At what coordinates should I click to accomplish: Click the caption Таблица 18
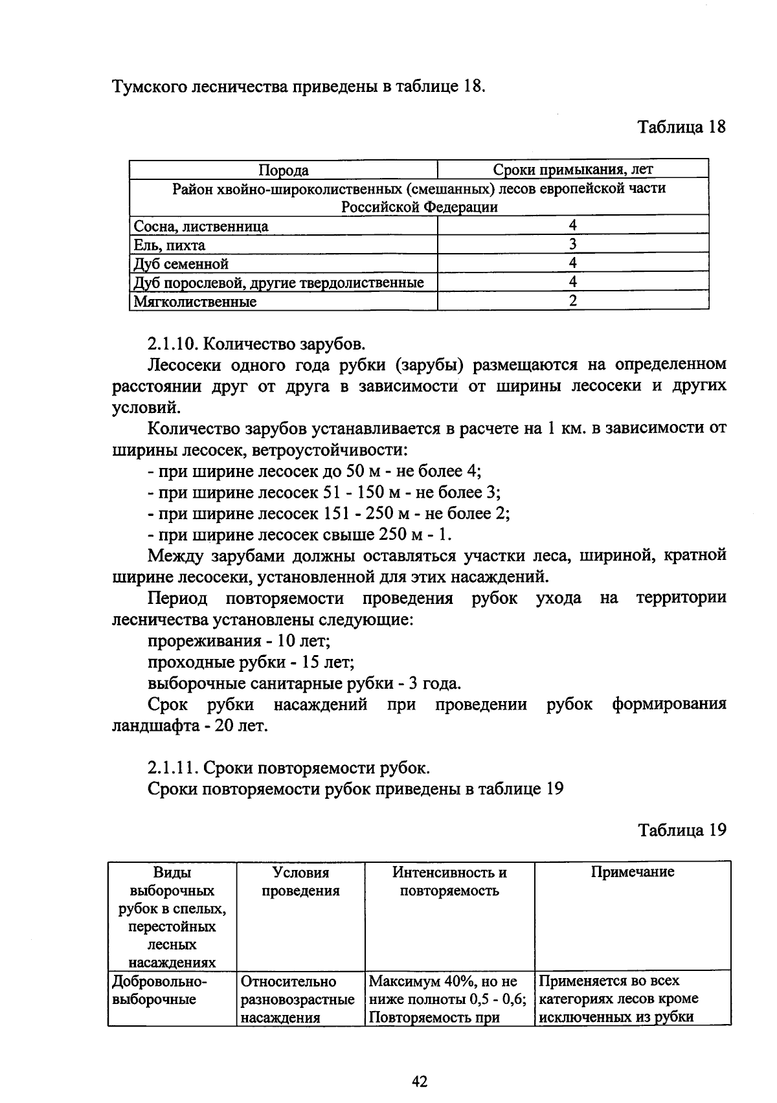682,127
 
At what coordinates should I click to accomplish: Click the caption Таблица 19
682,830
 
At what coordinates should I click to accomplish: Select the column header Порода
283,170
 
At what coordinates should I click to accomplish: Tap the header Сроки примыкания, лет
572,170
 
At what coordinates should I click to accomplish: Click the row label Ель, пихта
169,245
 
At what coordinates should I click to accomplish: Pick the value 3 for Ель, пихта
572,244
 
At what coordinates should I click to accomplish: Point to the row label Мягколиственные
195,302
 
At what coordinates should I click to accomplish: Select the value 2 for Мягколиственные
572,300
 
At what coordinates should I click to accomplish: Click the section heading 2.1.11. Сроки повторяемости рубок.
289,768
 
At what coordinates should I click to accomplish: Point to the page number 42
420,1081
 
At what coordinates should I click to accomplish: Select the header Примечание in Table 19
632,872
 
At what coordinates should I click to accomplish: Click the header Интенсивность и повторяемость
449,881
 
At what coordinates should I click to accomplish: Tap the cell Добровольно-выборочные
159,990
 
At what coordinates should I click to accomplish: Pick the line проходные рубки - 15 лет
251,662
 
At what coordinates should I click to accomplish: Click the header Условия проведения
300,881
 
